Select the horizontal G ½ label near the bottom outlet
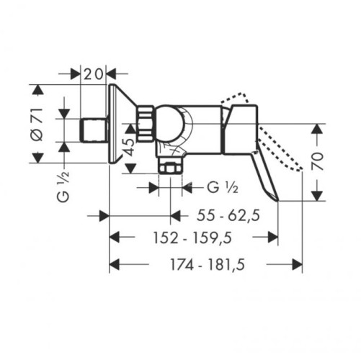tap(223, 187)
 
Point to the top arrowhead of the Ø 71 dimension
tap(40, 89)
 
